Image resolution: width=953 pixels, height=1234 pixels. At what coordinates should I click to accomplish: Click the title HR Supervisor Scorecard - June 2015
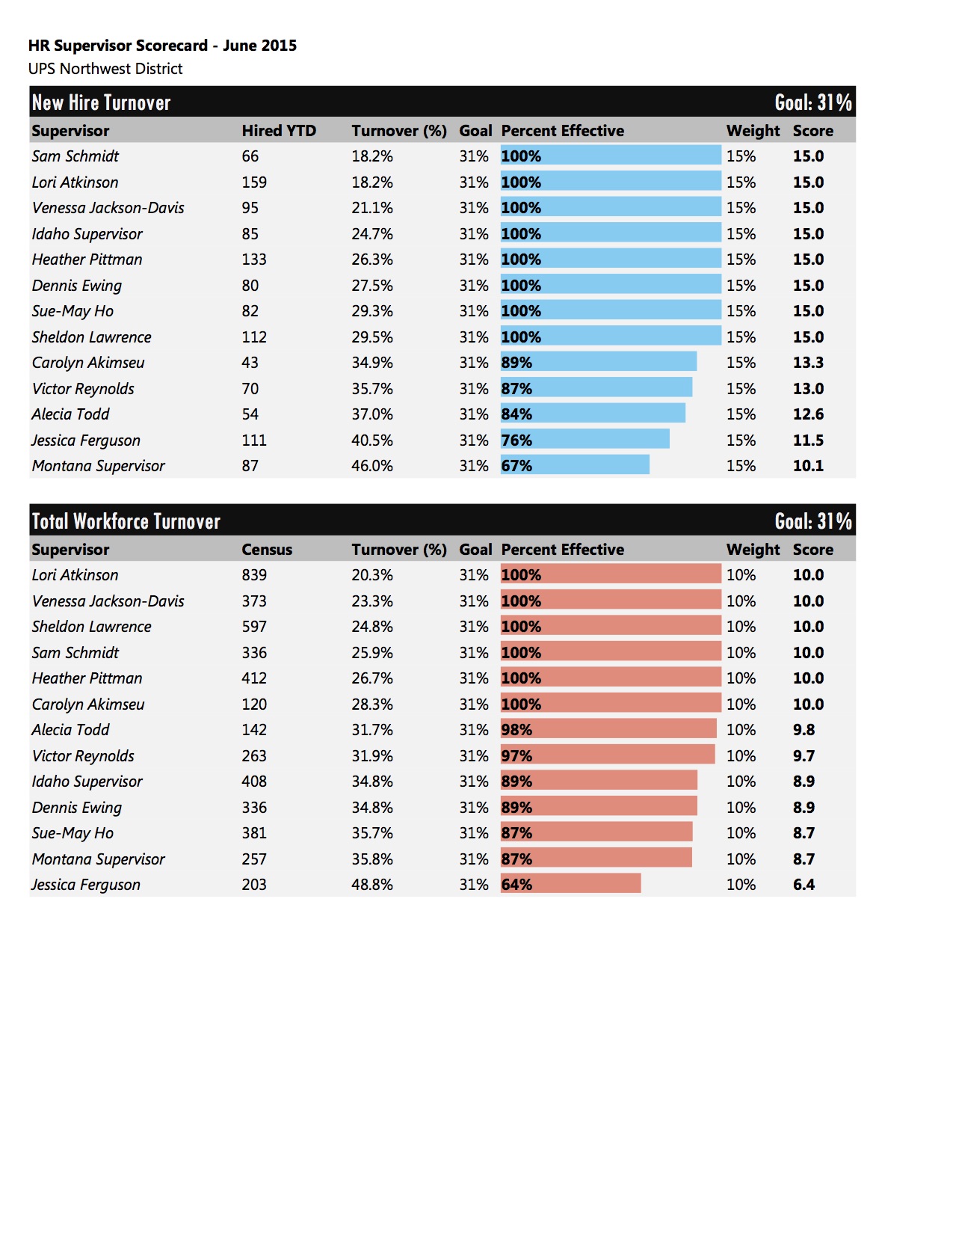point(162,46)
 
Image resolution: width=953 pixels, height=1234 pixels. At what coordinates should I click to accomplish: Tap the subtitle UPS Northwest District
point(105,69)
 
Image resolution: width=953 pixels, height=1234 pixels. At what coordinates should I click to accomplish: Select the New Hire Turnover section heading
point(101,102)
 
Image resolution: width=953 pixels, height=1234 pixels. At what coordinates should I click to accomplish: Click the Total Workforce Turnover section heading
point(126,521)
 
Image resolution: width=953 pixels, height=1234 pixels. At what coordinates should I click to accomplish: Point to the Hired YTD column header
point(279,131)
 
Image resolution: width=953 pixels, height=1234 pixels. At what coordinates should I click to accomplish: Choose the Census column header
point(267,549)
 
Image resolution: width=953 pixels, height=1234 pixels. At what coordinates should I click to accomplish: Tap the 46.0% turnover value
point(371,466)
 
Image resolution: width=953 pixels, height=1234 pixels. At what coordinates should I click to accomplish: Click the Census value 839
point(254,574)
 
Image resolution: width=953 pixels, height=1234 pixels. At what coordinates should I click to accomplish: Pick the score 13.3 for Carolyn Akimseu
point(808,362)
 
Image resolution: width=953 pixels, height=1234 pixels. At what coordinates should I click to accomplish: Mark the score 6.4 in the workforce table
point(804,884)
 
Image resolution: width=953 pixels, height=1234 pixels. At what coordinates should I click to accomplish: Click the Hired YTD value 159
point(254,182)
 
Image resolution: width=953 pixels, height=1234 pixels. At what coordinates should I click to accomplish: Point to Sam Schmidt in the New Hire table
point(75,156)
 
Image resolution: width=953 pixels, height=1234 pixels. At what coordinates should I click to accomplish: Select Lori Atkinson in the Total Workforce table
point(75,574)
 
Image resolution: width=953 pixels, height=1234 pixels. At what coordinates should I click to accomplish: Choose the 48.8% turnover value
point(371,884)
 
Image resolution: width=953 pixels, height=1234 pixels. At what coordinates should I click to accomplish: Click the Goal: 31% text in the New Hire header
point(813,102)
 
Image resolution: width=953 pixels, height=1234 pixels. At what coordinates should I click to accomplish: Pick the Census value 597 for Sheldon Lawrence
point(254,627)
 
